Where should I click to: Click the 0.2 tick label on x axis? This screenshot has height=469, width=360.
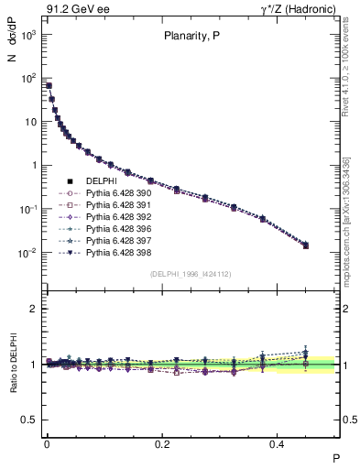pos(163,443)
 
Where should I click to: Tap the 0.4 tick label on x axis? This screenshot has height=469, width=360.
pos(280,443)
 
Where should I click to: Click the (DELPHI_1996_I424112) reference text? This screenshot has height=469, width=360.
pos(190,274)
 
